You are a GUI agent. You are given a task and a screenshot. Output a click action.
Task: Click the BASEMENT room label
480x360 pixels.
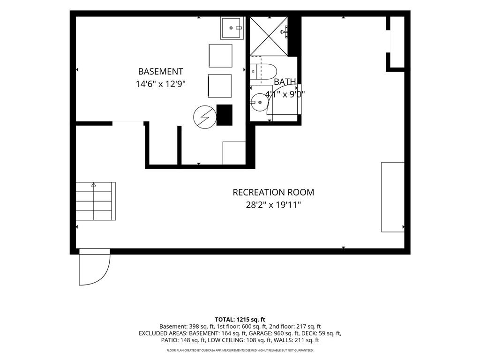pos(160,71)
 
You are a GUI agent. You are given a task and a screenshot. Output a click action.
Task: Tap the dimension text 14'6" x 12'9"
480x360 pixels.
pos(161,84)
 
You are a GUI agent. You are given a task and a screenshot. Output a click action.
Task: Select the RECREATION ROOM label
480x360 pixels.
pos(273,192)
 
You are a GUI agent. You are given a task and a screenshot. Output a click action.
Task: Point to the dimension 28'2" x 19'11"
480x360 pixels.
pos(273,205)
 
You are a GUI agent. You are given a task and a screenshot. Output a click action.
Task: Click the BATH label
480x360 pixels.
pos(285,82)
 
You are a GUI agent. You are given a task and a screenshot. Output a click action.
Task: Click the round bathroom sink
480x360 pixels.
pos(260,102)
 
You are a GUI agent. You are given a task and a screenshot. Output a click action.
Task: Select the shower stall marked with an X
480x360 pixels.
pos(269,37)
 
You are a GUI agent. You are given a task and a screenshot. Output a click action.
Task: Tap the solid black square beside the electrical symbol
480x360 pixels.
pos(225,115)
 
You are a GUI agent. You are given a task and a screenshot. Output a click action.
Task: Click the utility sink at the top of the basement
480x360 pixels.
pos(232,28)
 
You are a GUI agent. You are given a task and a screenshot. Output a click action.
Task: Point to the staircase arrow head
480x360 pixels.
pos(94,185)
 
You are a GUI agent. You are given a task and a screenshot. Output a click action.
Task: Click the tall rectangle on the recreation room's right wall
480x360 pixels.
pos(393,197)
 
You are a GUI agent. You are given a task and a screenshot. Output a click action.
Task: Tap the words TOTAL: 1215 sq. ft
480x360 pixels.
pos(240,320)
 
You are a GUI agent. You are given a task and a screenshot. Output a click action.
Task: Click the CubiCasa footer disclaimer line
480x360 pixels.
pos(240,350)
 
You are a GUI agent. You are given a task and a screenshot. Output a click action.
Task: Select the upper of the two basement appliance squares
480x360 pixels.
pos(220,56)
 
